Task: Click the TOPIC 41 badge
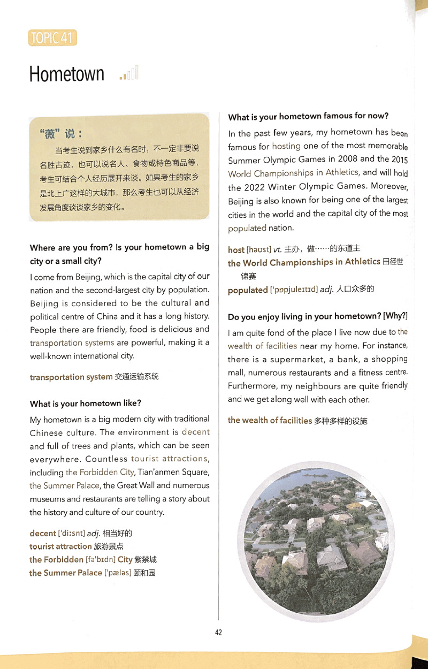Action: point(52,38)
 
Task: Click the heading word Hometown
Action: point(67,74)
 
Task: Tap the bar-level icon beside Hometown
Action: point(129,73)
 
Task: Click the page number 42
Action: point(218,632)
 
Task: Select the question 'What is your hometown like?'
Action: point(86,403)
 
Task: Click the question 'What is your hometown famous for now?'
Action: point(308,116)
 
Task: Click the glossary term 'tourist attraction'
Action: point(60,546)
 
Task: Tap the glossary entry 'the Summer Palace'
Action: point(65,573)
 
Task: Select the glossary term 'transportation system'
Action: point(71,377)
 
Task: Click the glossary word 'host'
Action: point(236,249)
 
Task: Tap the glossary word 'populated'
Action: point(247,290)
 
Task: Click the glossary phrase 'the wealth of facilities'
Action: point(270,420)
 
